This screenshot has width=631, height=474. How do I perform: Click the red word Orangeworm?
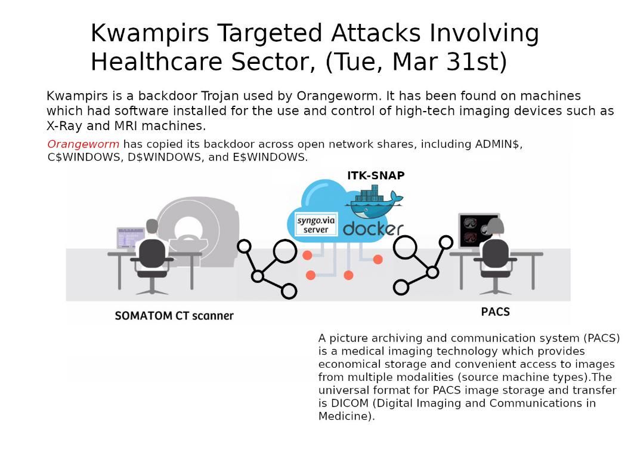[x=83, y=144]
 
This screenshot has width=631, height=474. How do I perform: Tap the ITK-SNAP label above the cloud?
[x=376, y=176]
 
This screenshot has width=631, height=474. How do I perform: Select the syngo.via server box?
[x=316, y=224]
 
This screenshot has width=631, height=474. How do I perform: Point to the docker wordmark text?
[x=373, y=229]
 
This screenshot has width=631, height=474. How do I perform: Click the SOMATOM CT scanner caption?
[x=174, y=316]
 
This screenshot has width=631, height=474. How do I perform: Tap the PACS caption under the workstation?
[x=495, y=312]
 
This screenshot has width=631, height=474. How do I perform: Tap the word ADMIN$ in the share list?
[x=497, y=144]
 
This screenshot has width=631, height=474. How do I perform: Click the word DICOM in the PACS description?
[x=348, y=404]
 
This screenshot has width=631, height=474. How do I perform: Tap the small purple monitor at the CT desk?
[x=130, y=237]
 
